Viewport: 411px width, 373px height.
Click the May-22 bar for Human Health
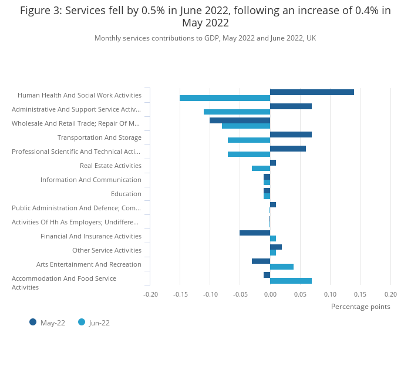coord(312,92)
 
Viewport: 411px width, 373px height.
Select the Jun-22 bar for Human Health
coord(225,98)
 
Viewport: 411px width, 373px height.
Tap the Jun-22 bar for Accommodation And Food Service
coord(291,281)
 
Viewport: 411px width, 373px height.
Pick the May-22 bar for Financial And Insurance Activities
coord(255,233)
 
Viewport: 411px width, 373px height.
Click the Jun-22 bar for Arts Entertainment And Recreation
coord(282,267)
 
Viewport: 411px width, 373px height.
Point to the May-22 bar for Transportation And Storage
coord(291,135)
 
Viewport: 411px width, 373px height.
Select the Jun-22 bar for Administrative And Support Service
coord(237,112)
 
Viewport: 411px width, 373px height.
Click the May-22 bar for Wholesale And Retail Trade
coord(240,120)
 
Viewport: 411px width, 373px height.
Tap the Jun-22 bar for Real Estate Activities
coord(261,169)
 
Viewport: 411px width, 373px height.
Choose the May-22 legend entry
coord(48,322)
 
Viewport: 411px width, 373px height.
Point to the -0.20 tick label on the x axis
coord(150,294)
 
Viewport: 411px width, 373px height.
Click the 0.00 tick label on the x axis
coord(270,294)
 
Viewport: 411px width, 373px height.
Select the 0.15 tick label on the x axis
coord(360,294)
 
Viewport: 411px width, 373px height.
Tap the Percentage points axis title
coord(361,306)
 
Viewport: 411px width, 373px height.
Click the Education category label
coord(126,194)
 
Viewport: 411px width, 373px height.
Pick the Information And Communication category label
coord(91,180)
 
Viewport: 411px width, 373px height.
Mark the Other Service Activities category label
coord(107,250)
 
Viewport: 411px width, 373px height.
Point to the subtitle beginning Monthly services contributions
coord(205,38)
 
